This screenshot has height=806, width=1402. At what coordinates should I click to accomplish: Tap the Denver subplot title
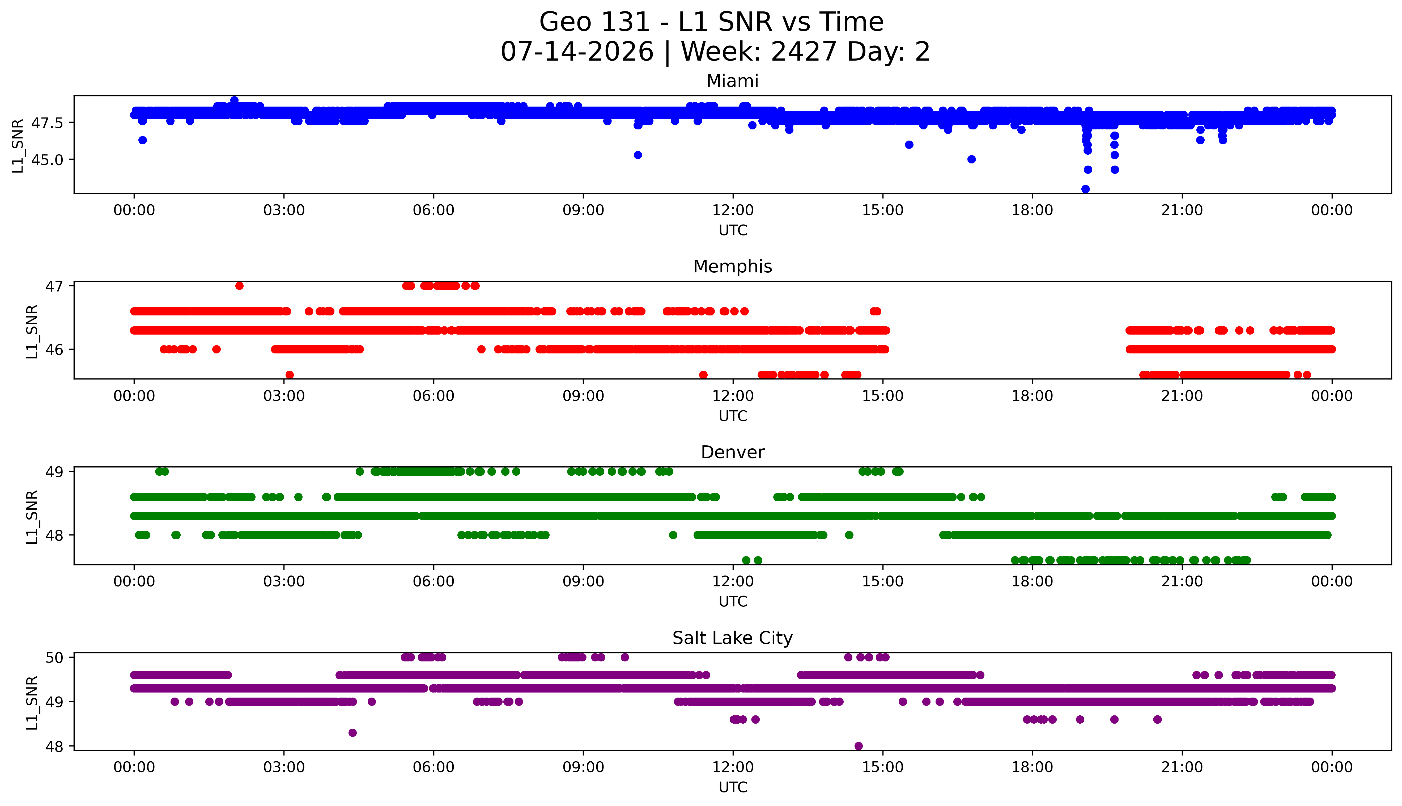pos(733,452)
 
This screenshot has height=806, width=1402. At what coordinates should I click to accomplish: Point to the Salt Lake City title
pos(733,638)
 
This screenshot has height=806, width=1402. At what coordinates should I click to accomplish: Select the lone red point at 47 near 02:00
pos(239,286)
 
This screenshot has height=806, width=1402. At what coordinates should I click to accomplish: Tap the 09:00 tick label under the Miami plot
pos(583,210)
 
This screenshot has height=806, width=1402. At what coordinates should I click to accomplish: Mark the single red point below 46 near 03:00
pos(289,375)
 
